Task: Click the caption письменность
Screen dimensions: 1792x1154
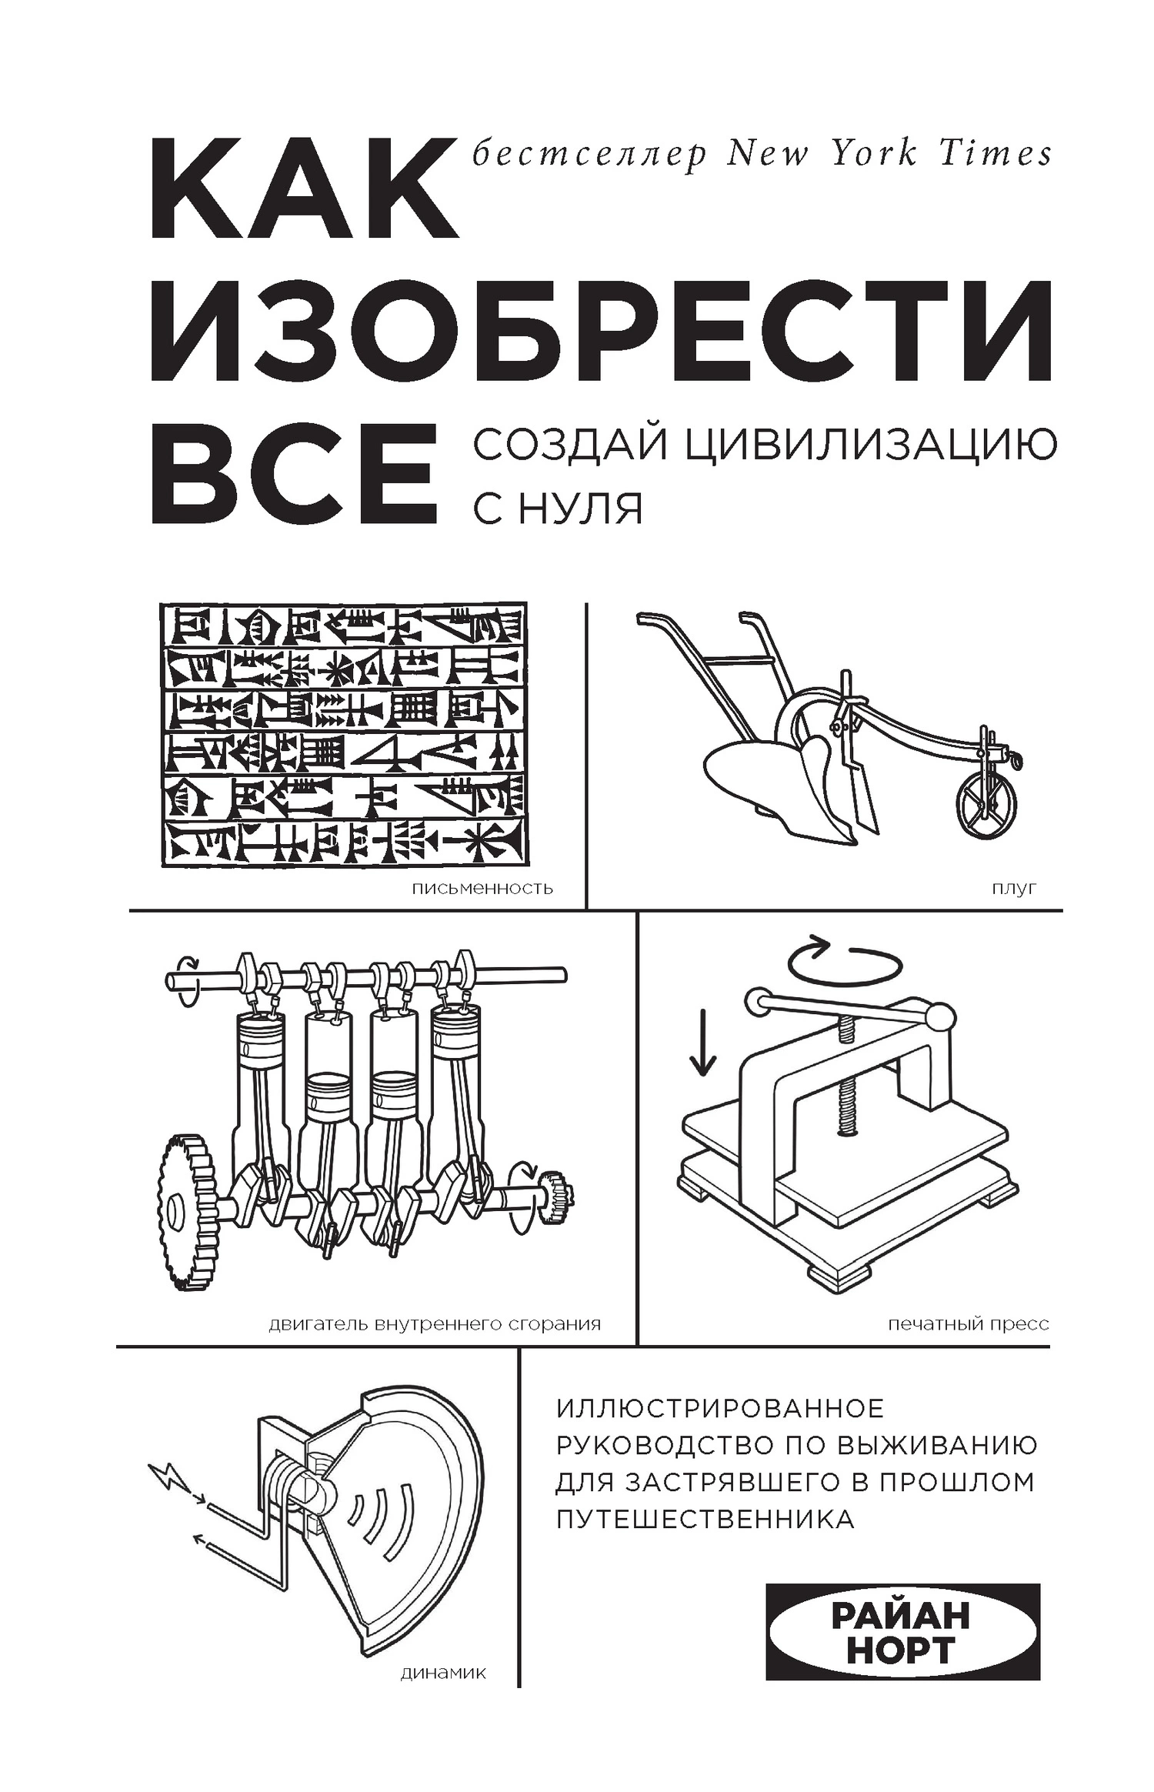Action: [482, 889]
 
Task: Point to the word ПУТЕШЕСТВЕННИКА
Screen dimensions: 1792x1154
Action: [705, 1520]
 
